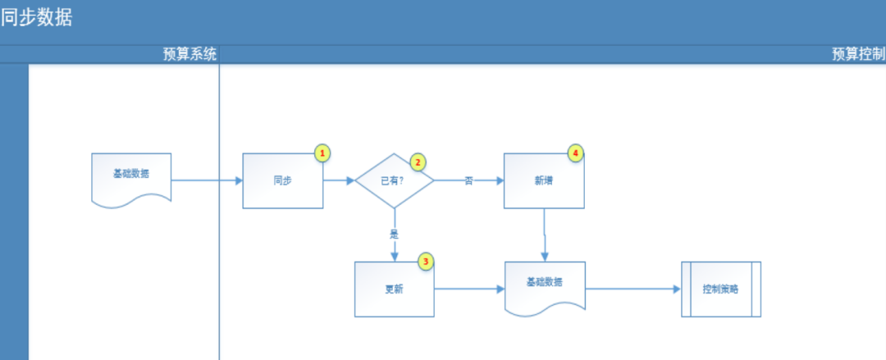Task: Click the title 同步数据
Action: tap(37, 17)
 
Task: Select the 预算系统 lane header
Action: tap(190, 54)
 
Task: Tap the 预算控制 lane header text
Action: tap(858, 54)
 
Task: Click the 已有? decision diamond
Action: tap(394, 180)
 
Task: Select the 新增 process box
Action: tap(543, 180)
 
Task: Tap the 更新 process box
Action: tap(394, 289)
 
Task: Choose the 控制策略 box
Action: tap(721, 289)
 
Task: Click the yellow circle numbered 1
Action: tap(322, 153)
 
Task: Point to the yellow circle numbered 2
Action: tap(418, 162)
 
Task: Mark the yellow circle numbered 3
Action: tap(425, 262)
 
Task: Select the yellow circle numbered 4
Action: tap(576, 153)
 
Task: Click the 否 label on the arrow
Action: tap(468, 180)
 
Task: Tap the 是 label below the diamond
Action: tap(394, 233)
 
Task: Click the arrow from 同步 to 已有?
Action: tap(339, 180)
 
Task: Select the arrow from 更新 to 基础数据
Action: tap(468, 289)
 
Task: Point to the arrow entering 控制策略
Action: tap(632, 289)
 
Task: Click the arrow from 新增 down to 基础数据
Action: tap(544, 235)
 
